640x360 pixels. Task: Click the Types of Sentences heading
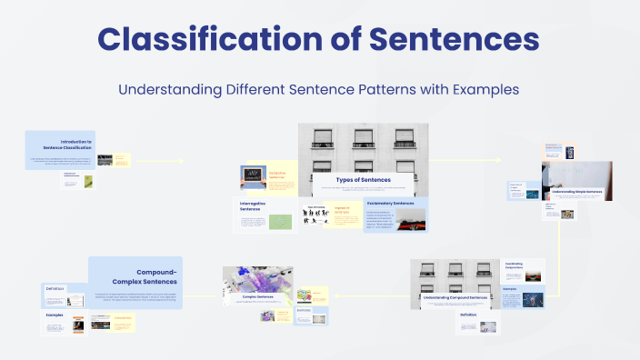[x=363, y=180]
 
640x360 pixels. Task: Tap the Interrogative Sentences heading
[x=250, y=205]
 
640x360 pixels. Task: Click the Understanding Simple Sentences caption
[x=577, y=192]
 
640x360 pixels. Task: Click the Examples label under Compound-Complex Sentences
[x=55, y=315]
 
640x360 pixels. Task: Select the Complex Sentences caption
[x=257, y=296]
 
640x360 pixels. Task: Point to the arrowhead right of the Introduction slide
[x=182, y=162]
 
